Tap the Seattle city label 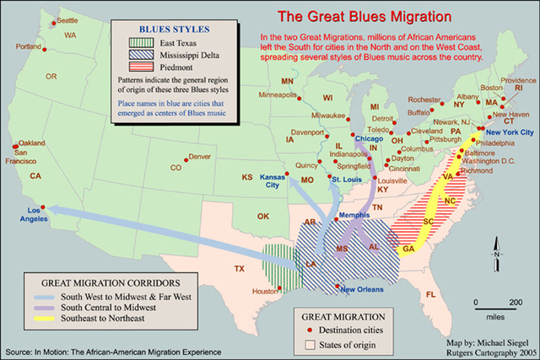click(x=67, y=19)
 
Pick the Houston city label click(x=264, y=292)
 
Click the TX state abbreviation click(x=239, y=269)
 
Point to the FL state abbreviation click(x=430, y=294)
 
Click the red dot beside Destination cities click(x=310, y=330)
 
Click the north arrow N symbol click(x=498, y=254)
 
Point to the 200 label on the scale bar click(x=514, y=301)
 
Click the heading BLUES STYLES click(x=175, y=28)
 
